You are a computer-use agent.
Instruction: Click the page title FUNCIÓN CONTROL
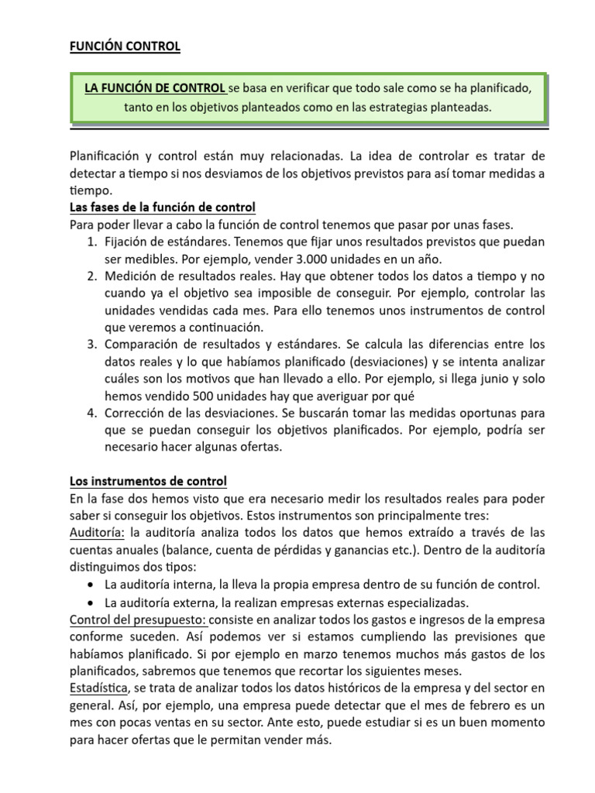(125, 46)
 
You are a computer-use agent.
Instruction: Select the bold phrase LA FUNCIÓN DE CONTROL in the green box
(155, 88)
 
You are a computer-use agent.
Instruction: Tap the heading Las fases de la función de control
(163, 208)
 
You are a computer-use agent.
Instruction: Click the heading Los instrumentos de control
(149, 481)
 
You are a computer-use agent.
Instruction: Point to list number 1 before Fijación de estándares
(91, 242)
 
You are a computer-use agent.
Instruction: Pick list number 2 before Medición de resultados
(91, 276)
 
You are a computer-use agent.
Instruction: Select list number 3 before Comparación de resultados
(91, 344)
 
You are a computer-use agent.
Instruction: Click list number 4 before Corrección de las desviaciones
(91, 412)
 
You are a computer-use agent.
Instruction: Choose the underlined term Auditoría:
(98, 532)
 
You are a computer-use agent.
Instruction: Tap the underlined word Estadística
(99, 688)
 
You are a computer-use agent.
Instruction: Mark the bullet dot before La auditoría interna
(93, 584)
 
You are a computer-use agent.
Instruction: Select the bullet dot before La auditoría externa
(93, 602)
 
